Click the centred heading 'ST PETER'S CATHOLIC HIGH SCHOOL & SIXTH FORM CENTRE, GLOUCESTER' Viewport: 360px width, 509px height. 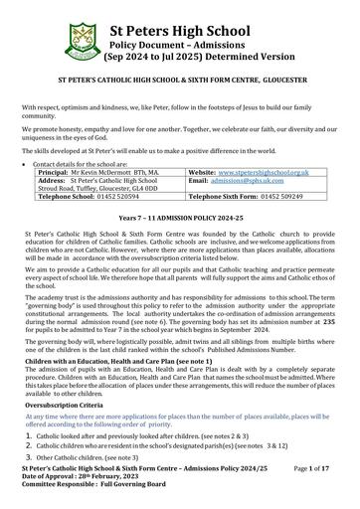pyautogui.click(x=180, y=75)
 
